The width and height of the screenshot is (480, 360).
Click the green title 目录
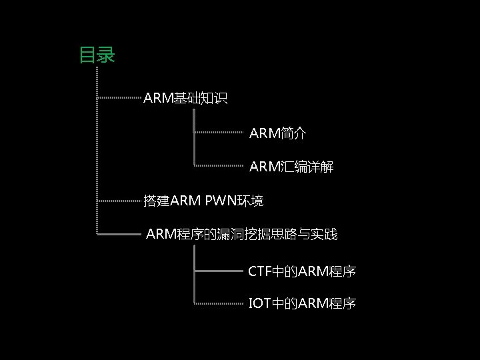[97, 54]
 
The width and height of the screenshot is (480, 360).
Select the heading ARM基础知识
[185, 99]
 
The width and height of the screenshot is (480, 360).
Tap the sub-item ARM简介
[278, 133]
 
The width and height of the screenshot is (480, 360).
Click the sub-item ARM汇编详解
[291, 167]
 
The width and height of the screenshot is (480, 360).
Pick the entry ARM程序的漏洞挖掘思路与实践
[241, 234]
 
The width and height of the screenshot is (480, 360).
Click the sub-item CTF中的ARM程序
[302, 271]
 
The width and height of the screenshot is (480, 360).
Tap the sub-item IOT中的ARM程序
[302, 304]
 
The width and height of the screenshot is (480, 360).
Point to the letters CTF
[257, 271]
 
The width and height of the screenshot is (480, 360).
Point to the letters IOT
[258, 304]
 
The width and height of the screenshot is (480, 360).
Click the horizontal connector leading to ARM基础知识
[120, 99]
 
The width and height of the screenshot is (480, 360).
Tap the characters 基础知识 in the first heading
[201, 99]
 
